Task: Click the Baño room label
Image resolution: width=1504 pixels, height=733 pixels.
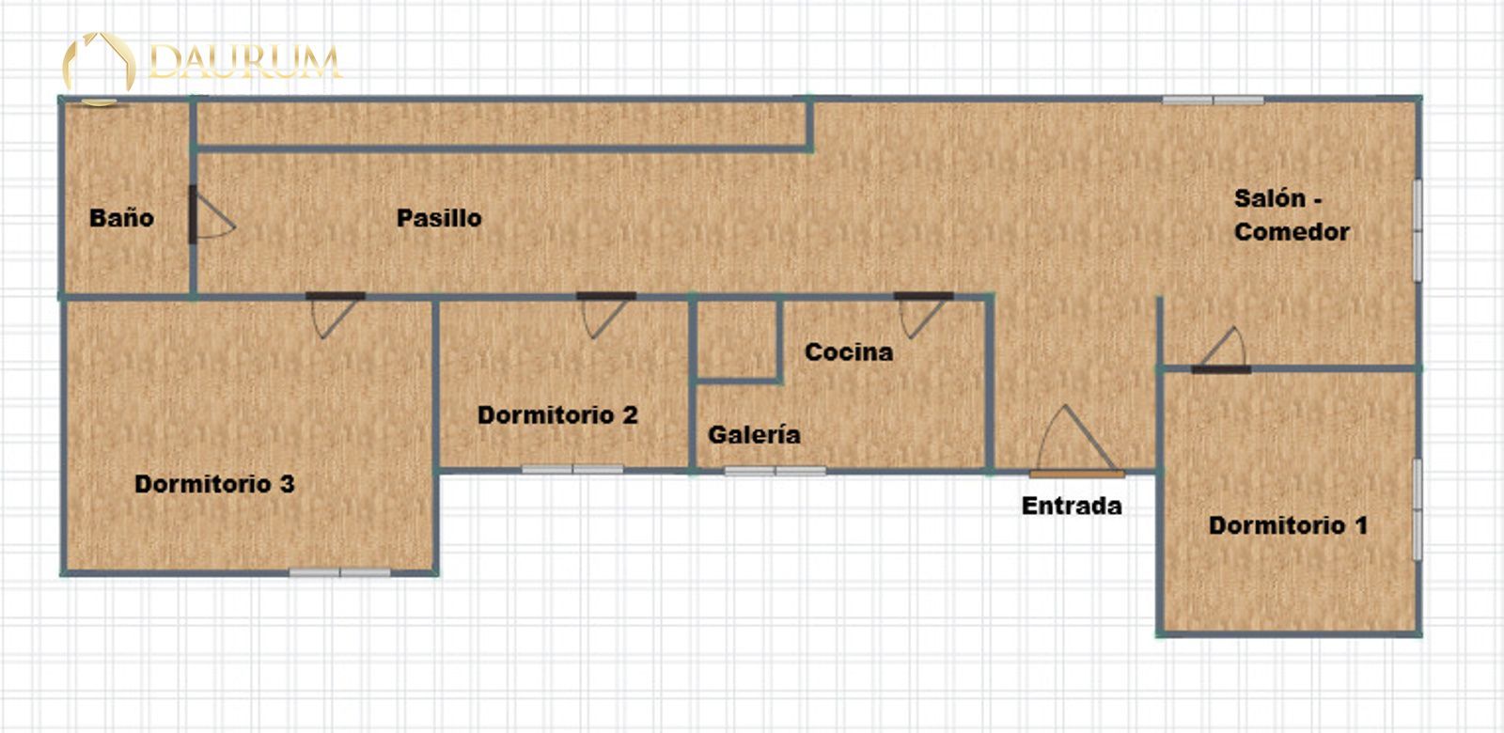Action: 121,218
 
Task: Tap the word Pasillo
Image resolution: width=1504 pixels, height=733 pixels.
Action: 439,218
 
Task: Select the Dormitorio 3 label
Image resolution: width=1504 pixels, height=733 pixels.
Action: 215,484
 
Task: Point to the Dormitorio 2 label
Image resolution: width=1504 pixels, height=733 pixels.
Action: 558,415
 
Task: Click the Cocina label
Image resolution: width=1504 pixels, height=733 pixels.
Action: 850,352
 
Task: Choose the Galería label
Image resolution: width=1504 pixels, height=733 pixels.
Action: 755,435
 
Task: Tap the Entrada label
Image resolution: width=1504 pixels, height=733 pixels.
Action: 1073,507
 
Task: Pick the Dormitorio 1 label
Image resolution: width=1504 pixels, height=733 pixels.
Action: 1289,525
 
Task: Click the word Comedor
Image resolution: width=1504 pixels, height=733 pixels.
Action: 1292,232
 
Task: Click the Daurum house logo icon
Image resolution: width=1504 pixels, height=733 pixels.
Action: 100,67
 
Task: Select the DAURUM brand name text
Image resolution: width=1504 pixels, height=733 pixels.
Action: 245,62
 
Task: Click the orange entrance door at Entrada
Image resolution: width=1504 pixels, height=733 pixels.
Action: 1077,474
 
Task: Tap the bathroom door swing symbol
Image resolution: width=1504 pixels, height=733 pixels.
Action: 211,215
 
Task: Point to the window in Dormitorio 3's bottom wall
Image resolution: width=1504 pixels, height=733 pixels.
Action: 339,572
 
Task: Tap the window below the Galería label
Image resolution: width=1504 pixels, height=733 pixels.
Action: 775,471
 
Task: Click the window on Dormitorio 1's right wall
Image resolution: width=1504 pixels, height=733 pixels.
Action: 1418,510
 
